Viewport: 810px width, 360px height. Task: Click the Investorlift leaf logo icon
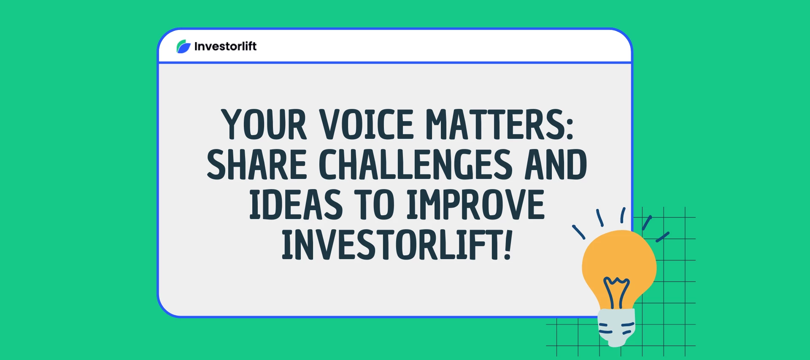183,46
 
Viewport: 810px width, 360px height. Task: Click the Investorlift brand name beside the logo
225,46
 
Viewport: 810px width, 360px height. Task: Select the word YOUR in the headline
264,125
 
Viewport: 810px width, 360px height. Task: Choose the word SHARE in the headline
256,165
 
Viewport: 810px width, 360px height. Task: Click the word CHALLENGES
416,165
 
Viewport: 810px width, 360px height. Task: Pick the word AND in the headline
556,165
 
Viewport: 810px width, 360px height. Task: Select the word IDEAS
296,205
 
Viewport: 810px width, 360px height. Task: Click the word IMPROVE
475,205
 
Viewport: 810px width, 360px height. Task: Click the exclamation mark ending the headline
508,245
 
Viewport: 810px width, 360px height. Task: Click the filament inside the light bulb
617,291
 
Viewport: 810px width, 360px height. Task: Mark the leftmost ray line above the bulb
578,232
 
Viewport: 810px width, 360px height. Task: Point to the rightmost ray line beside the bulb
663,237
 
